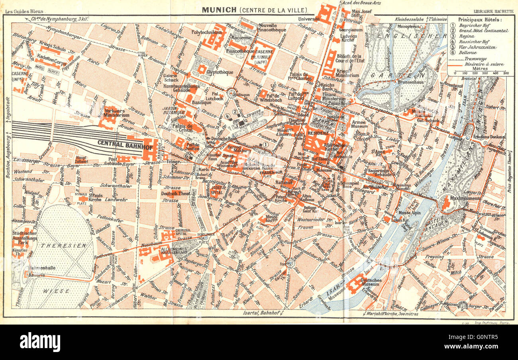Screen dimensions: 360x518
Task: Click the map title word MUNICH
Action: [x=219, y=9]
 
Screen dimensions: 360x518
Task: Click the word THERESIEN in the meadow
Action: [x=64, y=246]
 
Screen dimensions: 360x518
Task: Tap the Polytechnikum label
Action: [x=206, y=32]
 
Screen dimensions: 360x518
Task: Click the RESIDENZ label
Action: [x=318, y=133]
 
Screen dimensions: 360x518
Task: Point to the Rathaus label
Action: [x=284, y=182]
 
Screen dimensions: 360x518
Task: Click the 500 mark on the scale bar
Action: [x=506, y=73]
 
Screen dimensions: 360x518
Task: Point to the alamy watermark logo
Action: [x=40, y=342]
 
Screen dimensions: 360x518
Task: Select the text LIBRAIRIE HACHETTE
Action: [x=493, y=12]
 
